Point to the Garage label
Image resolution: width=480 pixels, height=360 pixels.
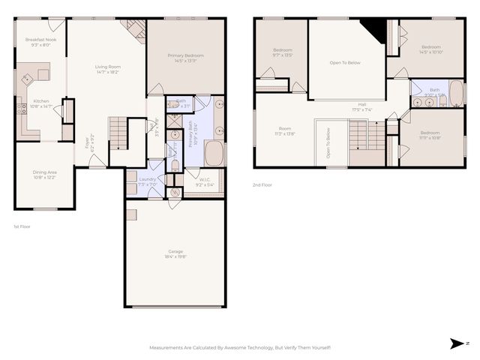[175, 253]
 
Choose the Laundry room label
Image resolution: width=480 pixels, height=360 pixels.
[147, 180]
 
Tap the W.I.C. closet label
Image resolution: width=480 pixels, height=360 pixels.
[205, 180]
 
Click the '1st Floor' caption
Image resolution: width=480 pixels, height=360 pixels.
[22, 226]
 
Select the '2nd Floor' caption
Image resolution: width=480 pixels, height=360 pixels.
[262, 184]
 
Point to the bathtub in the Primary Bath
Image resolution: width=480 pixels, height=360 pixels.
[214, 154]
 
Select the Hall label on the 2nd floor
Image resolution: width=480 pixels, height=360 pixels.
[362, 106]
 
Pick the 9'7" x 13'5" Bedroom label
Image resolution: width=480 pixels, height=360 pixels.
[282, 52]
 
